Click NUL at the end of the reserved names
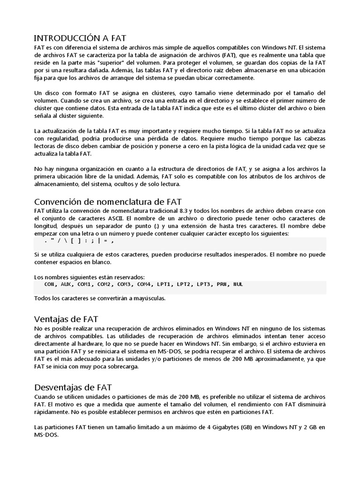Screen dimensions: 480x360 coord(238,285)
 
